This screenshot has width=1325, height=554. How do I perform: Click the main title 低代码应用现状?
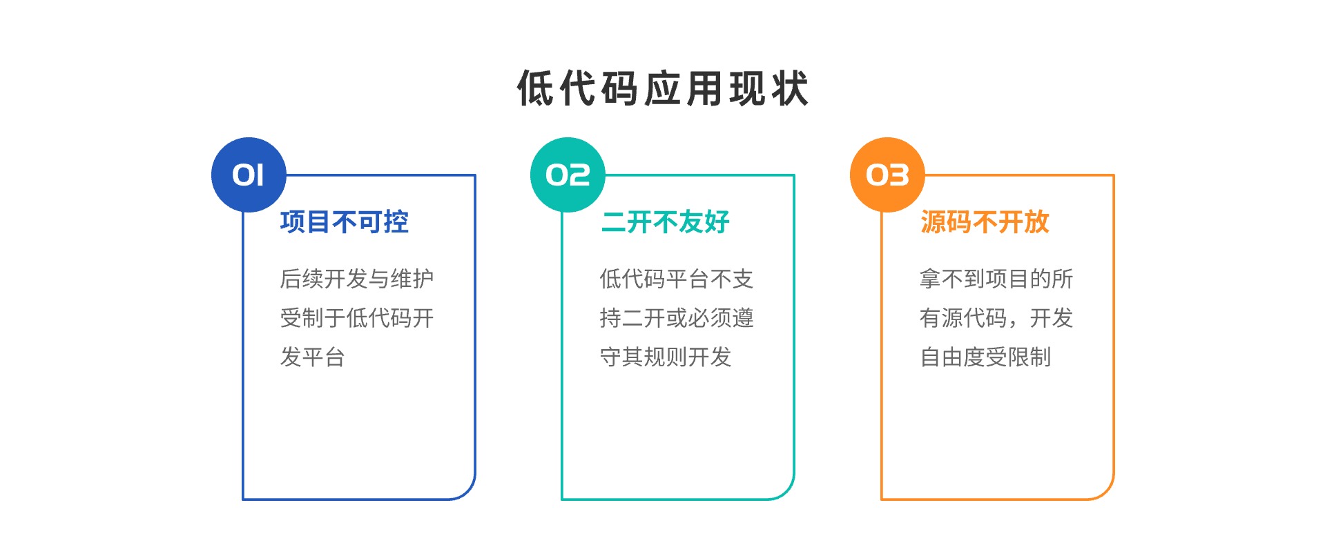coord(663,88)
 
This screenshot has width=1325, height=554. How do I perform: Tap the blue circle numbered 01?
coord(249,175)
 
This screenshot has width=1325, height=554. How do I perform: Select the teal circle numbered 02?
coord(568,175)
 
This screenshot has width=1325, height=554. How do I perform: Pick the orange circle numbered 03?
coord(887,175)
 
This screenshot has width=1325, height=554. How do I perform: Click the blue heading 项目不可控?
coord(345,222)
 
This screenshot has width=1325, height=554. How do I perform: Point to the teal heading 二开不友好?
coord(666,222)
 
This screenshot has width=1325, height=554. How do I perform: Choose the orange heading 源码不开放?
coord(985,222)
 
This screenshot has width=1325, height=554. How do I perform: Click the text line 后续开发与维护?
coord(357,279)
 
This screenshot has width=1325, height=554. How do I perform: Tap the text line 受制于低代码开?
coord(357,318)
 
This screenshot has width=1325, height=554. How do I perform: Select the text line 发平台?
coord(312,357)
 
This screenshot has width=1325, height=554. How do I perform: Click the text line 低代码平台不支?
coord(677,279)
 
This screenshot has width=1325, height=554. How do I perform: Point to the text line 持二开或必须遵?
coord(677,318)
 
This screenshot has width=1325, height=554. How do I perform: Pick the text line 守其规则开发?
coord(666,357)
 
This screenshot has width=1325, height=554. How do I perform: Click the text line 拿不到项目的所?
coord(996,279)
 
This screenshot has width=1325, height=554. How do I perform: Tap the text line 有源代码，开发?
coord(996,318)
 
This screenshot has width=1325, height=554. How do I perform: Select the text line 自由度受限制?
coord(985,357)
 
